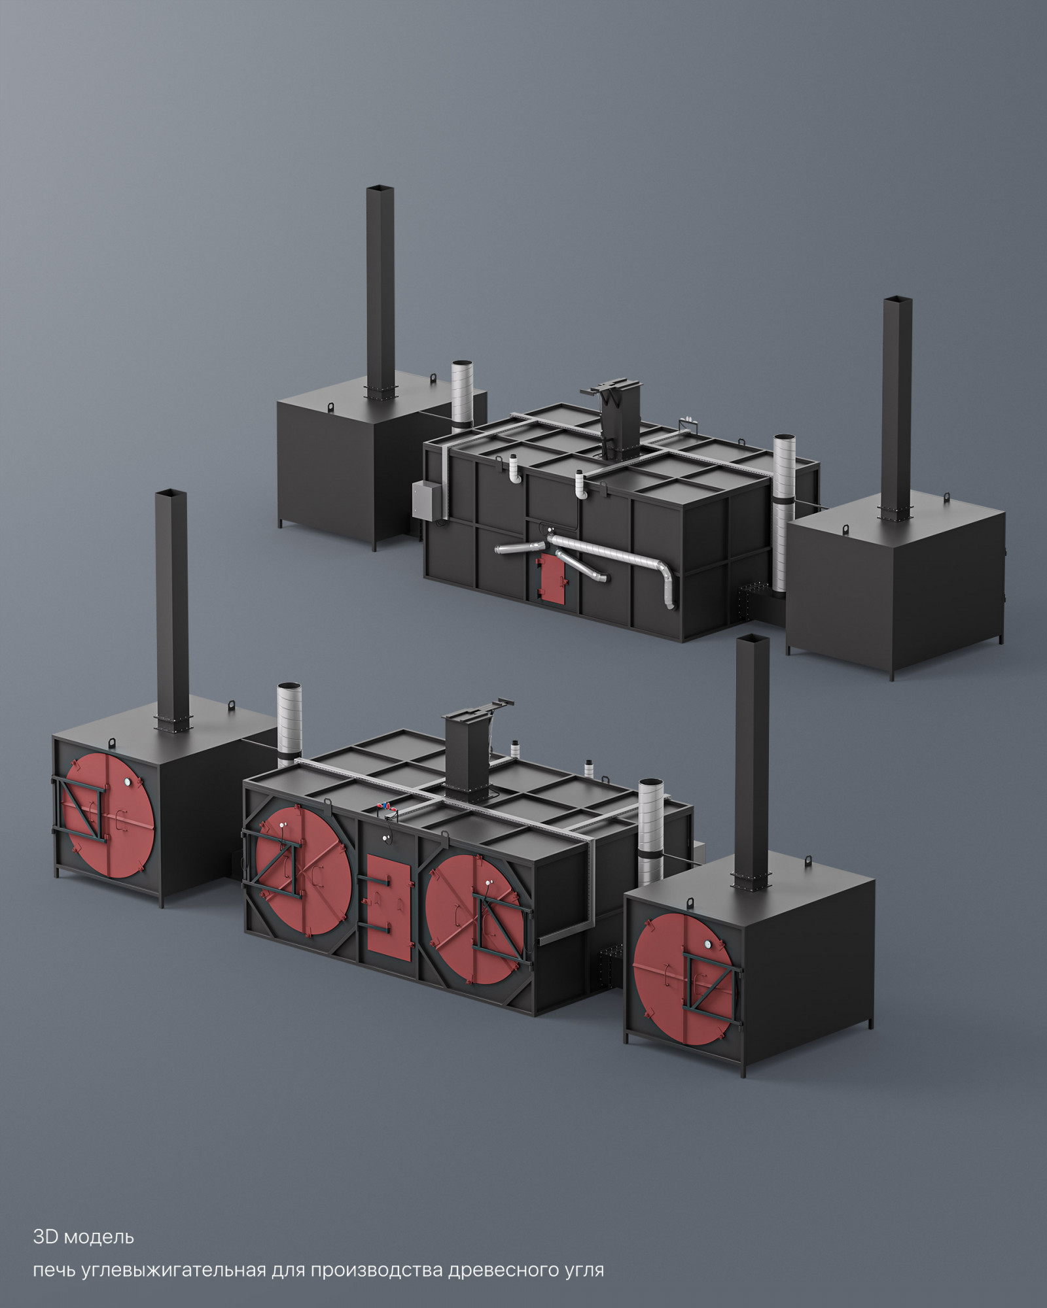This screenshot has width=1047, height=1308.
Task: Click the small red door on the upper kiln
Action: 551,576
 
